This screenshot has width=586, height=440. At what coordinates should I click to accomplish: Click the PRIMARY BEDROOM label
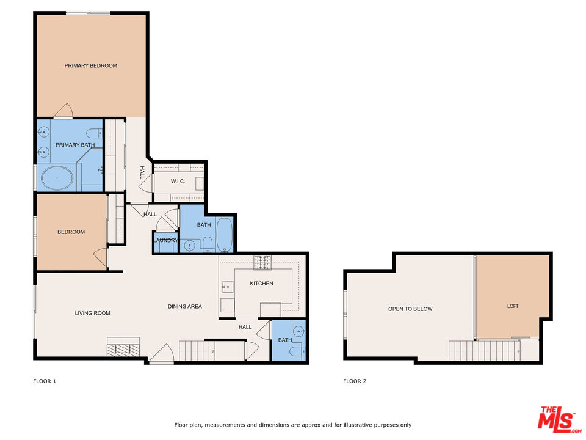pos(91,65)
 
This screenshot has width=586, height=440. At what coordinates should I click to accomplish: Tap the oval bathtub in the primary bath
pos(57,178)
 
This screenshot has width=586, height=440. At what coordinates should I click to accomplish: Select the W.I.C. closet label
pos(178,181)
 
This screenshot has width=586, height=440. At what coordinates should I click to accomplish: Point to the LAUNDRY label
pos(165,240)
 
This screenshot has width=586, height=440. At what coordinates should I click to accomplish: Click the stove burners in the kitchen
pos(262,262)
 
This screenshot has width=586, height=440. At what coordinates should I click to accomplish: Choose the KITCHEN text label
pos(261,284)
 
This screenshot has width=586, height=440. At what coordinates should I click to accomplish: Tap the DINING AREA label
pos(184,306)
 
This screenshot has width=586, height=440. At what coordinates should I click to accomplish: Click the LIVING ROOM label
pos(92,313)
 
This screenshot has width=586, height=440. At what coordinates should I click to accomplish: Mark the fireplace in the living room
pos(125,349)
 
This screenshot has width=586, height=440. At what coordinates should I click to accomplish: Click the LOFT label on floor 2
pos(513,306)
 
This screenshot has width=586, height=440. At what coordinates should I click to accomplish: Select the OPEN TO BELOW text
pos(410,309)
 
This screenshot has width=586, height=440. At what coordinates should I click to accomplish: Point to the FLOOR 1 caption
pos(45,381)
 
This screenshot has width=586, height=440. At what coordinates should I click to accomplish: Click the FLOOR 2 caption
pos(355,381)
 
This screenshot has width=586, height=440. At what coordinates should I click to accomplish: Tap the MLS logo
pos(556,419)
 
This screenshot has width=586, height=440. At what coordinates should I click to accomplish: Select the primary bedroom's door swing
pos(63,111)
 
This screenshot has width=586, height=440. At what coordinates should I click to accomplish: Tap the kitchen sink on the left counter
pos(226,286)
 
